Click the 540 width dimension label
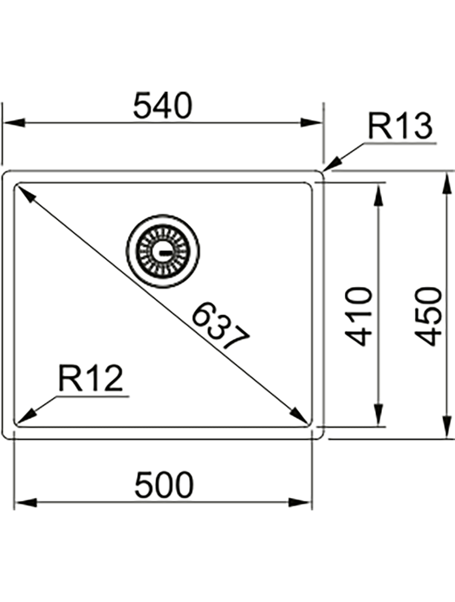[x=162, y=105]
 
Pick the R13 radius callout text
[x=400, y=126]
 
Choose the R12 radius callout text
[x=90, y=378]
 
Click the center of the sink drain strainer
[x=163, y=252]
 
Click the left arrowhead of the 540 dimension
[x=14, y=123]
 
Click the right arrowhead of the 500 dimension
[x=300, y=502]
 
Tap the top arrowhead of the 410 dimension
[x=379, y=194]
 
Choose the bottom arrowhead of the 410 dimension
[x=379, y=415]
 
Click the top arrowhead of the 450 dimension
[x=446, y=184]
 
